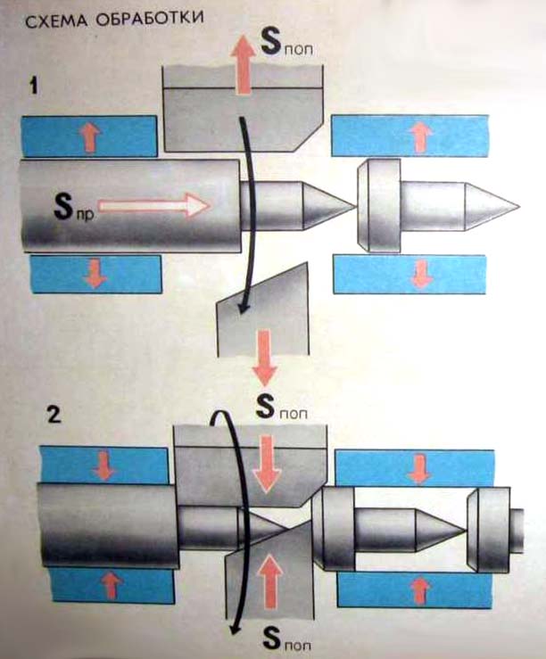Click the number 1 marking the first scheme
pos(33,88)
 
